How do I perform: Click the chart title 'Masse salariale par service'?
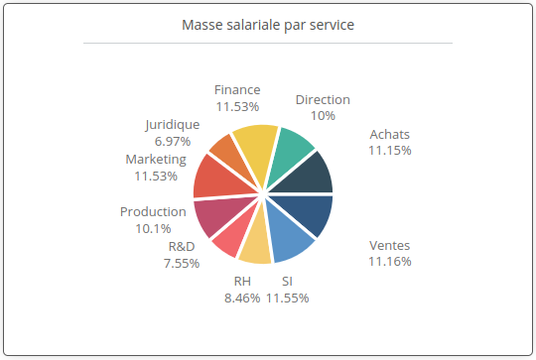tap(268, 25)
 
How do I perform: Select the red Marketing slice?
tap(215, 178)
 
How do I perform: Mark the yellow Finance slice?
tap(255, 146)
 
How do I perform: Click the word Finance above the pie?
tap(237, 90)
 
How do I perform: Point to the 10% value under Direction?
tap(323, 115)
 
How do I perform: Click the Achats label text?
tap(389, 135)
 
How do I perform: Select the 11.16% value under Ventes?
tap(389, 261)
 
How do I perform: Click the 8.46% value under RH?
tap(242, 297)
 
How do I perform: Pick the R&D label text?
tap(182, 247)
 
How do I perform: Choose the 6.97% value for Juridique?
tap(172, 141)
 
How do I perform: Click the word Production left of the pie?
tap(153, 211)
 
